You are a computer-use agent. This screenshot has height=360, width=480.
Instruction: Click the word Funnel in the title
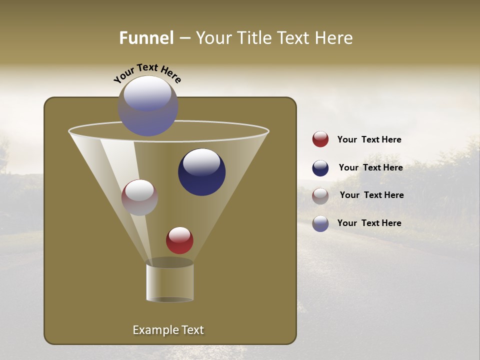click(146, 38)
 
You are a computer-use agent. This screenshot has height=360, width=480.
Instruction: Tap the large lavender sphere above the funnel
click(148, 106)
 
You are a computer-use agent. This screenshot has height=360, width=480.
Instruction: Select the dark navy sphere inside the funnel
click(201, 172)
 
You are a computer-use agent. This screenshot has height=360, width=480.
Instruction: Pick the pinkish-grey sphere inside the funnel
click(139, 197)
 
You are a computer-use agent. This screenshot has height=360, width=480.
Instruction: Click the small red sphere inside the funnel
click(179, 240)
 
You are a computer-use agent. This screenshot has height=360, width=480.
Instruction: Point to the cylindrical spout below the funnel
click(169, 283)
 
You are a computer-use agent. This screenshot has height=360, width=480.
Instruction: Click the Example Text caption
click(168, 330)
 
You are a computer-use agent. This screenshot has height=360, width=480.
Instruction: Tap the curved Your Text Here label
click(147, 73)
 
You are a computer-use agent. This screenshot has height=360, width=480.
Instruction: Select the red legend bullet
click(320, 139)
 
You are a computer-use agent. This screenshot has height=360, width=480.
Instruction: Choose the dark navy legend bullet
click(320, 168)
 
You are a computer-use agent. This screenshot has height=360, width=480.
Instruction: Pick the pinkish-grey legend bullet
click(320, 195)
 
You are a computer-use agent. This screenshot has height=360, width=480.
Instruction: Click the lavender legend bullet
click(320, 223)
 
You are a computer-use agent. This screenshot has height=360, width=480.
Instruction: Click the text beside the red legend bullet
click(369, 139)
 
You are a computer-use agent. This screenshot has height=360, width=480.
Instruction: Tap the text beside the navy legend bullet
click(370, 167)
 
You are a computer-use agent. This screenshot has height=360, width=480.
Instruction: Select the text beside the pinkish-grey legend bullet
click(371, 195)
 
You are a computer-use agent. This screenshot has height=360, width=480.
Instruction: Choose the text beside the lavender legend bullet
click(369, 223)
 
